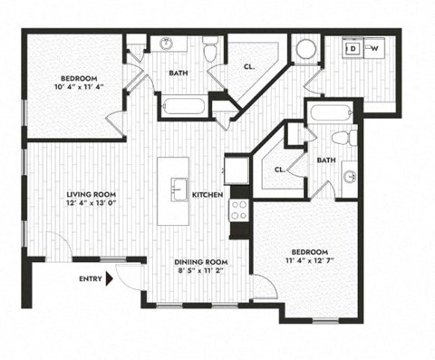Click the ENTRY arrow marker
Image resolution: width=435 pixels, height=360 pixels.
tap(111, 279)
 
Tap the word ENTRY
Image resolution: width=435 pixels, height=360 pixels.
tap(90, 279)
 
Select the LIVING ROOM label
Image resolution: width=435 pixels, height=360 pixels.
tap(88, 193)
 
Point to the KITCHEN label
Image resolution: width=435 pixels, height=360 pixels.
tap(208, 194)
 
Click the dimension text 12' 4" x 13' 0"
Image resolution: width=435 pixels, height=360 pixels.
tap(88, 204)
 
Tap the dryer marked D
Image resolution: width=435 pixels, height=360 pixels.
tap(355, 48)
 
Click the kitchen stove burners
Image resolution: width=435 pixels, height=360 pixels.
tap(240, 211)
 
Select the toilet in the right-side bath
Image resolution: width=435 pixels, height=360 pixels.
tap(341, 139)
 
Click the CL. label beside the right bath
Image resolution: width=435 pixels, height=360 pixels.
tap(280, 170)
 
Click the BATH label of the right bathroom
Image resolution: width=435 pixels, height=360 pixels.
tap(327, 160)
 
